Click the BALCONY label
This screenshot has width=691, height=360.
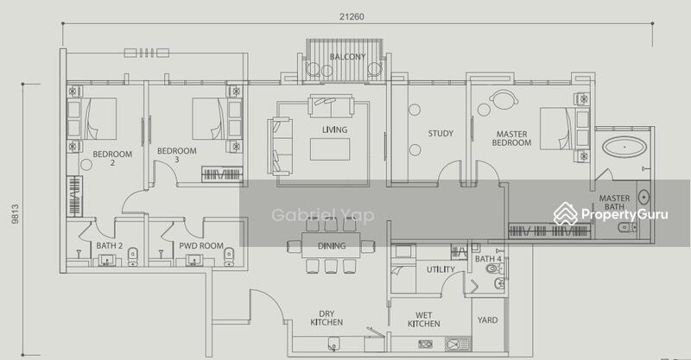[x=348, y=57]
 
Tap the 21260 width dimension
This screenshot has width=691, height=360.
[x=352, y=16]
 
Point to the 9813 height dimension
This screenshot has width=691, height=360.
[x=16, y=214]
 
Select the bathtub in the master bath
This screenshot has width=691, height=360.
[x=624, y=147]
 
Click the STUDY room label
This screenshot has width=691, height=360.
[x=441, y=133]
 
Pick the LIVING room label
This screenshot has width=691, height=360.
[x=334, y=130]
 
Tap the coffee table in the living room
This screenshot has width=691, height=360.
[x=330, y=149]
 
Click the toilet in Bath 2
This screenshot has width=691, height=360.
[x=133, y=257]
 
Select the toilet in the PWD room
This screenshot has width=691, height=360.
[x=229, y=257]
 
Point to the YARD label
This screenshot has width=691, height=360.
[x=487, y=320]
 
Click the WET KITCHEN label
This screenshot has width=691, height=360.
[x=423, y=319]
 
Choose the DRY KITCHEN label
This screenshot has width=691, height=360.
[x=326, y=319]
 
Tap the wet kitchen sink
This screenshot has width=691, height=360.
[x=458, y=344]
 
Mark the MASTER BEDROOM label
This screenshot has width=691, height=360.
[x=511, y=138]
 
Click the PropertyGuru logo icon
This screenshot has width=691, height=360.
[x=566, y=214]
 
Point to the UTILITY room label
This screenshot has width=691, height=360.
[x=441, y=269]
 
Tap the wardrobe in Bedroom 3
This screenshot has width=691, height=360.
[x=222, y=174]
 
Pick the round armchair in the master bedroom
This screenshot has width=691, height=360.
[x=504, y=99]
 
